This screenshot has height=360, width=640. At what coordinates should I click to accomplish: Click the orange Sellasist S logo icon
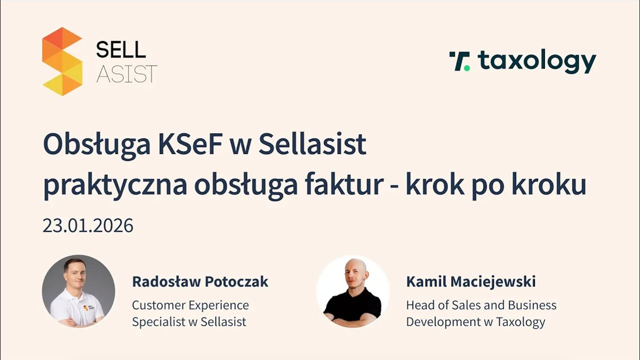click(x=62, y=61)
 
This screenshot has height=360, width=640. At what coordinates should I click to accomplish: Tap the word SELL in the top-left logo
click(x=120, y=49)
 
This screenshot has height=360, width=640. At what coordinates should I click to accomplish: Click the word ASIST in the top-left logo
click(x=126, y=73)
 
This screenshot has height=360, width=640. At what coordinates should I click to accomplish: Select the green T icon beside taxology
click(x=459, y=61)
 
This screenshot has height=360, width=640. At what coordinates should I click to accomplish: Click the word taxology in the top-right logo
click(x=537, y=61)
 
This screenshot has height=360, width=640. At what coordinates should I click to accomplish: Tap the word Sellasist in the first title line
click(x=312, y=145)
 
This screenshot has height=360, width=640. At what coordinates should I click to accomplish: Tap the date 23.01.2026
click(x=88, y=226)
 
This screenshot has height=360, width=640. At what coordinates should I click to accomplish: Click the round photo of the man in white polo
click(x=78, y=291)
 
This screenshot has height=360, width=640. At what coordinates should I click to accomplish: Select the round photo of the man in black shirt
click(x=353, y=292)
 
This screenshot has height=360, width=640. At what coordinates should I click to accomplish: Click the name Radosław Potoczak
click(x=200, y=281)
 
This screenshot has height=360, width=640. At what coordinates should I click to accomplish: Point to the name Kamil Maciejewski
click(x=470, y=281)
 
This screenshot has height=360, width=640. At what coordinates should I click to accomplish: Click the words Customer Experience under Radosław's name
click(x=190, y=305)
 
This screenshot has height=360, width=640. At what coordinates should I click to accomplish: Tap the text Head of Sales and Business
click(x=481, y=305)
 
